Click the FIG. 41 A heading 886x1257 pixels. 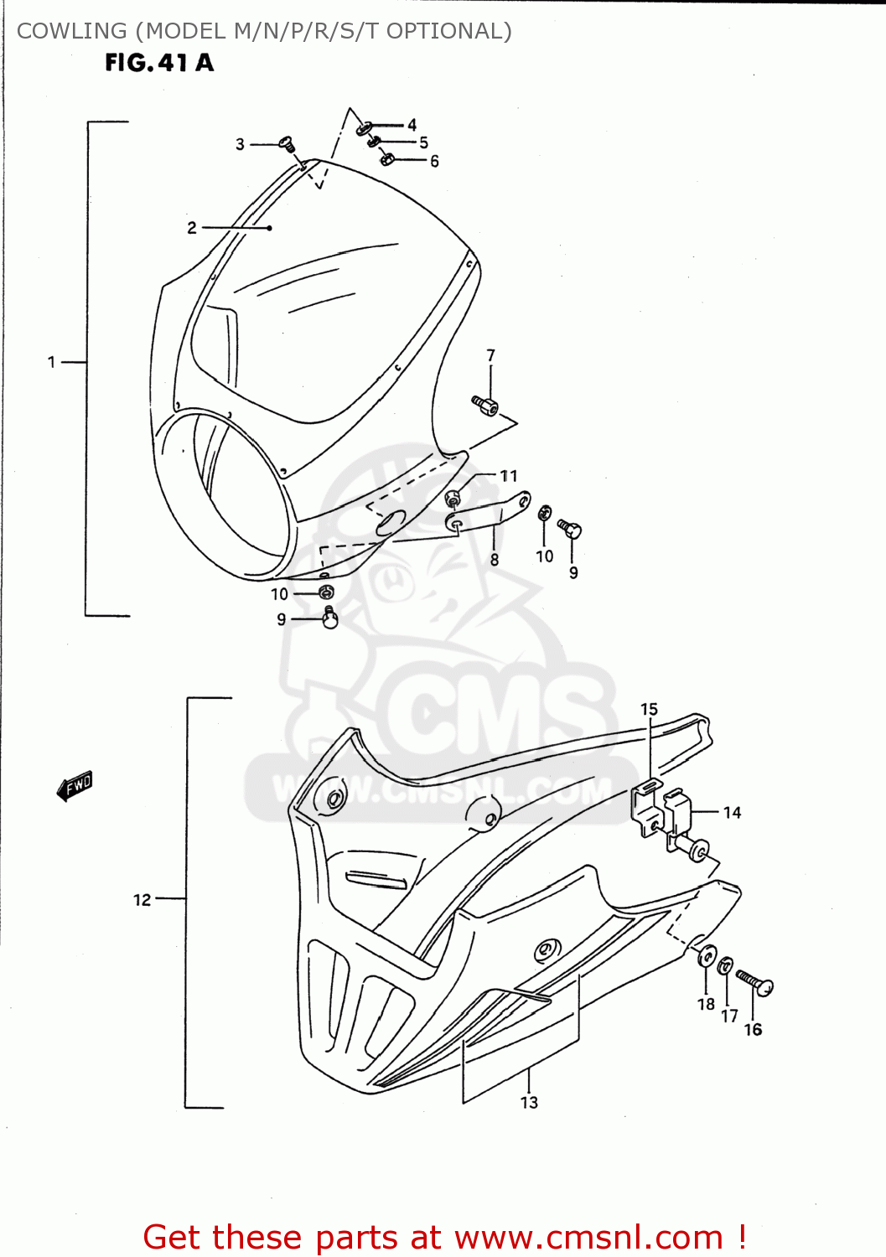click(159, 63)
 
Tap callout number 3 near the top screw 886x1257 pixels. click(240, 144)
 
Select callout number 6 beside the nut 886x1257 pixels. click(434, 161)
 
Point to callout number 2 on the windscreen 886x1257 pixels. click(192, 227)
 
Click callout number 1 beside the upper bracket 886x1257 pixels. click(51, 362)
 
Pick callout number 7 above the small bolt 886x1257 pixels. click(490, 355)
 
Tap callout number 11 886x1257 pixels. click(509, 475)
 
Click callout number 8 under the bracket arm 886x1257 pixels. click(495, 559)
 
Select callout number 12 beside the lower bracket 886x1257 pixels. click(142, 899)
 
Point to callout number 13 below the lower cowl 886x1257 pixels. click(529, 1102)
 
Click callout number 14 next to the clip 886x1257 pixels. click(732, 812)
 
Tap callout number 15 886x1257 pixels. click(649, 709)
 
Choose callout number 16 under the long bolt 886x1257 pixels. click(753, 1029)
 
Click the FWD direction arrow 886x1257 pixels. click(75, 785)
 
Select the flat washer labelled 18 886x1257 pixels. click(707, 956)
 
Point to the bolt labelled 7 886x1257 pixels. click(485, 406)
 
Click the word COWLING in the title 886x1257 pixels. click(71, 31)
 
